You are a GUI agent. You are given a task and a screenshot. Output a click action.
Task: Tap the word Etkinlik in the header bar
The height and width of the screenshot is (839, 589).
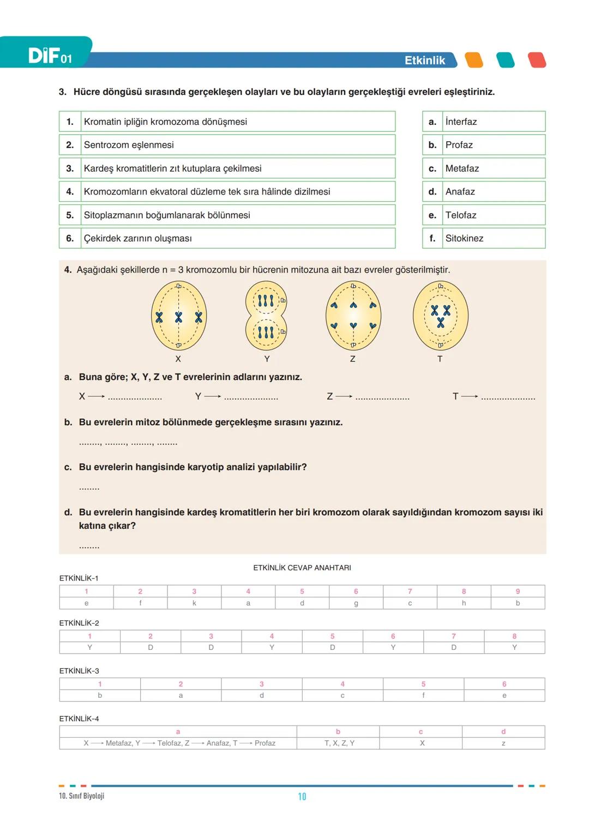coord(425,61)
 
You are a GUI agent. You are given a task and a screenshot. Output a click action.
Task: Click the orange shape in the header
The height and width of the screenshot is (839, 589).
coord(474,60)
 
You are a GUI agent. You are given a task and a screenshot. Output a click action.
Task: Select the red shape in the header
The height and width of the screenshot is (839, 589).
coord(537,60)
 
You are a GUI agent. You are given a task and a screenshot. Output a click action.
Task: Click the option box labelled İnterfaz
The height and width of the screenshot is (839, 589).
coord(484,122)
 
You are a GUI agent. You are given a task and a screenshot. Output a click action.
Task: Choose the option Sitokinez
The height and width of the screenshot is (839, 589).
coord(484,238)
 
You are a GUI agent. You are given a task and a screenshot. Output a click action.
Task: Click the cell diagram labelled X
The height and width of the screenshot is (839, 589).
coord(179,316)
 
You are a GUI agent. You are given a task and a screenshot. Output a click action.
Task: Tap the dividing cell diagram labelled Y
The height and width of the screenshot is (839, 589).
coord(266,316)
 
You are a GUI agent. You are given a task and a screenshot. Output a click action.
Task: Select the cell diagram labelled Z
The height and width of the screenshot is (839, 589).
coord(353,316)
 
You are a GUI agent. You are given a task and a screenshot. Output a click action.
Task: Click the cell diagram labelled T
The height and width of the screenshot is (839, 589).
coord(441,316)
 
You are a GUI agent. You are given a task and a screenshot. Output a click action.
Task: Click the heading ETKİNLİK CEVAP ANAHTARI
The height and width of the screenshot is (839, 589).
coord(302,568)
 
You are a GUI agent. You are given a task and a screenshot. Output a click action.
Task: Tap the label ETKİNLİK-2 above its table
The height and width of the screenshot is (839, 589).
coord(79,623)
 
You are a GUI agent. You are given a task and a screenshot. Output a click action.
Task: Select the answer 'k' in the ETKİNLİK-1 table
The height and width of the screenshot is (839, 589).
coord(194,603)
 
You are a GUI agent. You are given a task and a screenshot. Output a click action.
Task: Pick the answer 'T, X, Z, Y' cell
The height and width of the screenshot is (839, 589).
coord(339,743)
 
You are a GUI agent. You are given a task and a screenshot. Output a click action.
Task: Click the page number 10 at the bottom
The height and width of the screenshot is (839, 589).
coord(302,796)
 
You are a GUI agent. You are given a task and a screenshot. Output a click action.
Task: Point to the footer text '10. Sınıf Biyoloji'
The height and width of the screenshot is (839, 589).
coord(81,796)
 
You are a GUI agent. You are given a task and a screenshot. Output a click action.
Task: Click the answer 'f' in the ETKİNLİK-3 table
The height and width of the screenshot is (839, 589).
coord(423,696)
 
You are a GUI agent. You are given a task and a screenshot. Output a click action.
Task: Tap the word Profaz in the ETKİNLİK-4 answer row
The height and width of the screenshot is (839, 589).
coord(265,743)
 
